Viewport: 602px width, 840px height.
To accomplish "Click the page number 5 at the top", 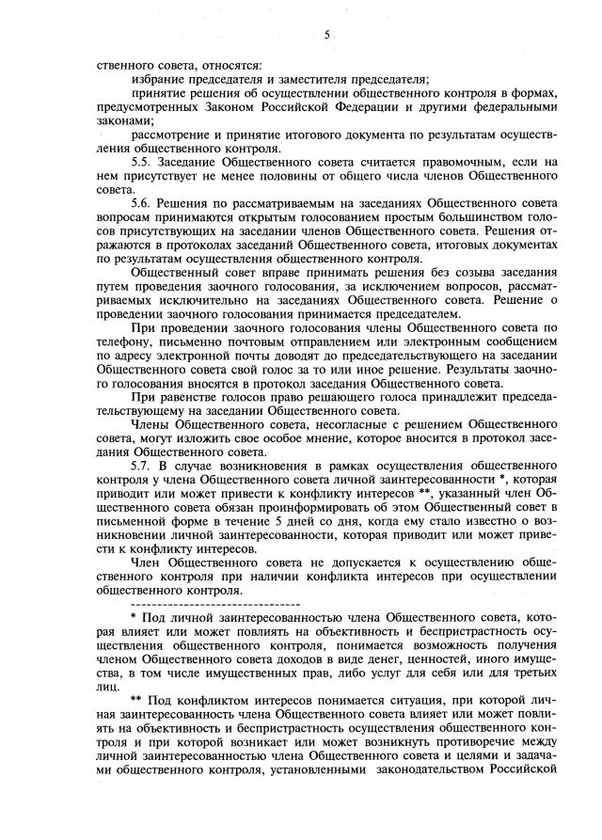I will [x=327, y=35].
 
